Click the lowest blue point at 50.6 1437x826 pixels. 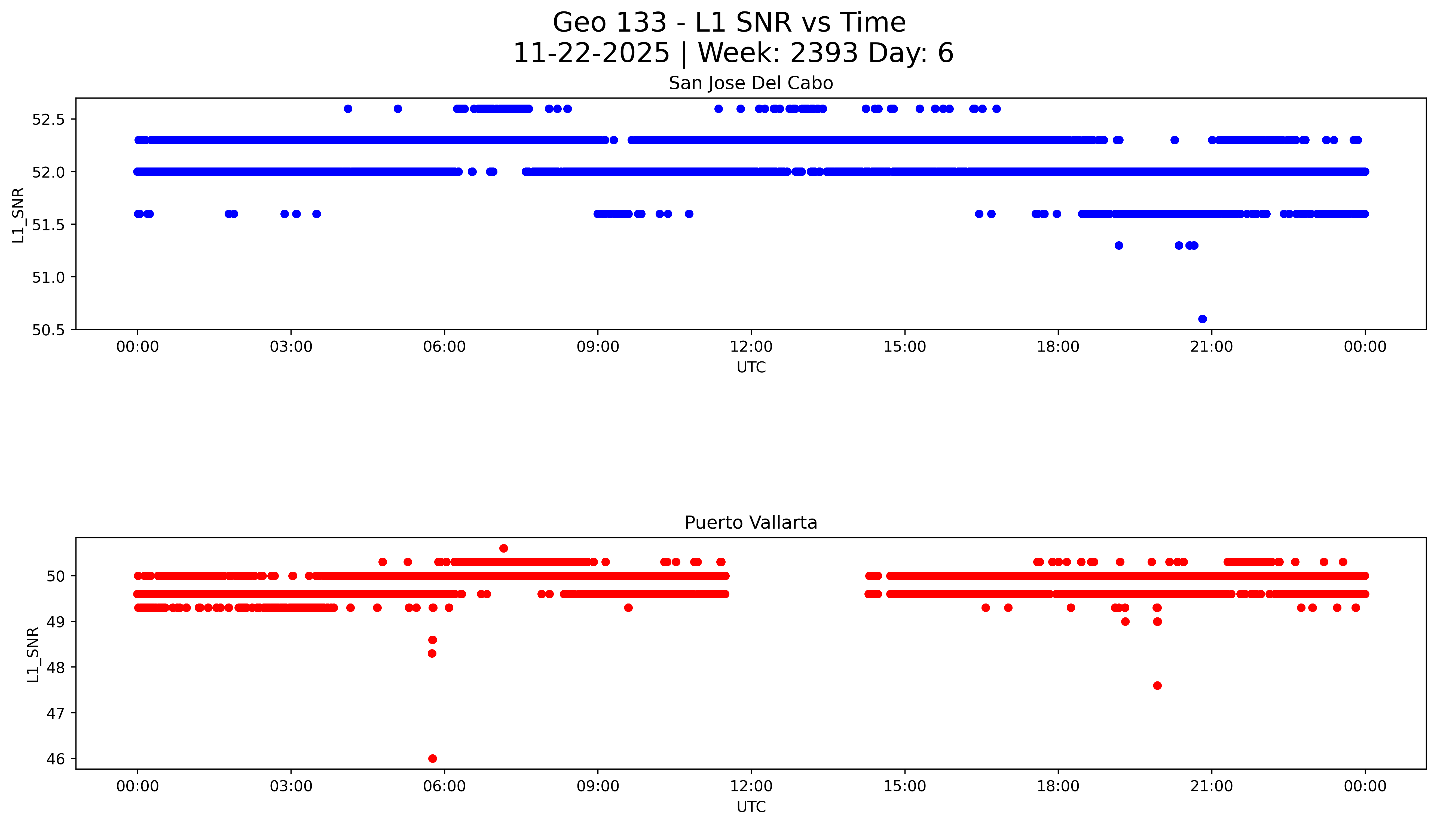[x=1202, y=319]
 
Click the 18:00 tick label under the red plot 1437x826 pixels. [x=1058, y=786]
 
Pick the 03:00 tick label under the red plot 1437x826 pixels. [x=291, y=786]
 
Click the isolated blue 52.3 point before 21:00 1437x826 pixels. [x=1175, y=140]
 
